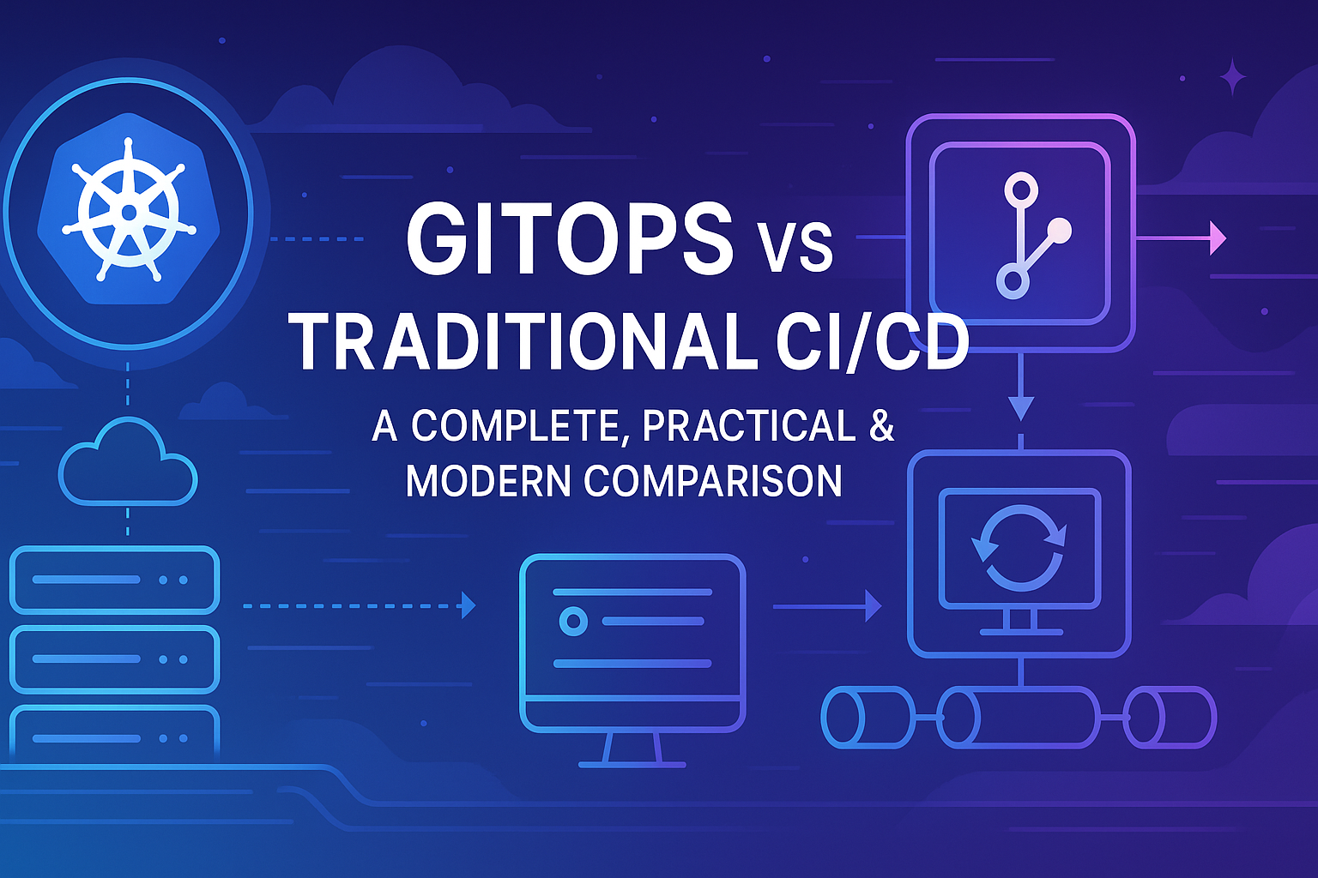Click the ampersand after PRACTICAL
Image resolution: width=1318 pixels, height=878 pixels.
pyautogui.click(x=881, y=426)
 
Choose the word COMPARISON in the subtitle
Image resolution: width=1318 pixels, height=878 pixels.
pyautogui.click(x=713, y=480)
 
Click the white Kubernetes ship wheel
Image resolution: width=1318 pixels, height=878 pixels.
pyautogui.click(x=129, y=211)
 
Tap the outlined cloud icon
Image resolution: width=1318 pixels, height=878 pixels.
pyautogui.click(x=127, y=463)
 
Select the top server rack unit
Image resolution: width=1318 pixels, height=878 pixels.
pyautogui.click(x=114, y=580)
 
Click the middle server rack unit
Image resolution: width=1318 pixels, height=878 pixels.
pyautogui.click(x=114, y=659)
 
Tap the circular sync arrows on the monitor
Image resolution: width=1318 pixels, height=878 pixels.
pyautogui.click(x=1019, y=547)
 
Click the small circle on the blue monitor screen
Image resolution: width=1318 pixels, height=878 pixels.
pyautogui.click(x=572, y=621)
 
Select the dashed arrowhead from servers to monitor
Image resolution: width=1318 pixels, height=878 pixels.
pyautogui.click(x=468, y=605)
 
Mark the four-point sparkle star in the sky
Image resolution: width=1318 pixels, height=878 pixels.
pyautogui.click(x=1233, y=77)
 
